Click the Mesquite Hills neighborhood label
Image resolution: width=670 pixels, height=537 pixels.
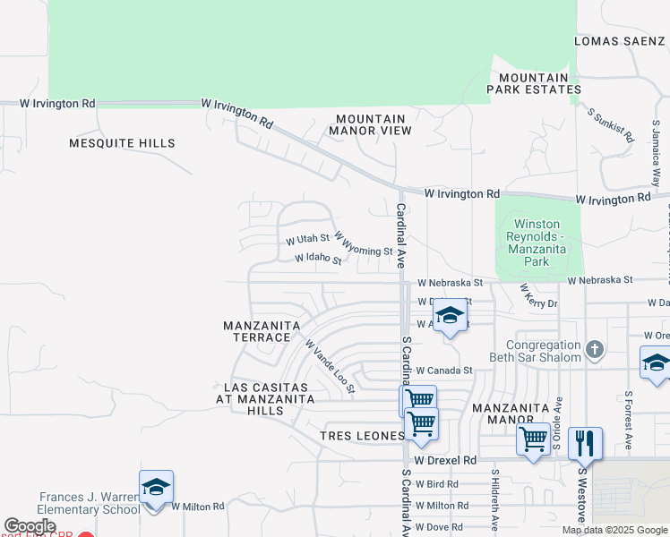tap(123, 143)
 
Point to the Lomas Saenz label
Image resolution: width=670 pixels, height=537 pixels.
tap(619, 41)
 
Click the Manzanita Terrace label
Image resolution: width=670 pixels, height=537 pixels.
tap(257, 331)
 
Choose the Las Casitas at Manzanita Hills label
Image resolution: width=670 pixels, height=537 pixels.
tap(262, 399)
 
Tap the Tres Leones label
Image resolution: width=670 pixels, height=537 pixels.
tap(363, 436)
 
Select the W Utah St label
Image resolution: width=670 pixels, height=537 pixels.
tap(308, 240)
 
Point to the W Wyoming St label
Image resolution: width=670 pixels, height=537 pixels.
tap(364, 244)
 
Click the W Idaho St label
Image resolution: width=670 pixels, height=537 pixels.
tap(318, 259)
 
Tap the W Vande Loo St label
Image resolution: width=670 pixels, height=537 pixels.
tap(330, 366)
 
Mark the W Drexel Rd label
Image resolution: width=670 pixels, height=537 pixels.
tap(445, 460)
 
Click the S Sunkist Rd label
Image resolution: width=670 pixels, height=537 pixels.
tap(611, 125)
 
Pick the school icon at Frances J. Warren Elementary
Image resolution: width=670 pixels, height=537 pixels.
tap(155, 487)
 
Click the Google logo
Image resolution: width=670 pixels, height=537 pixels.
tap(30, 526)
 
